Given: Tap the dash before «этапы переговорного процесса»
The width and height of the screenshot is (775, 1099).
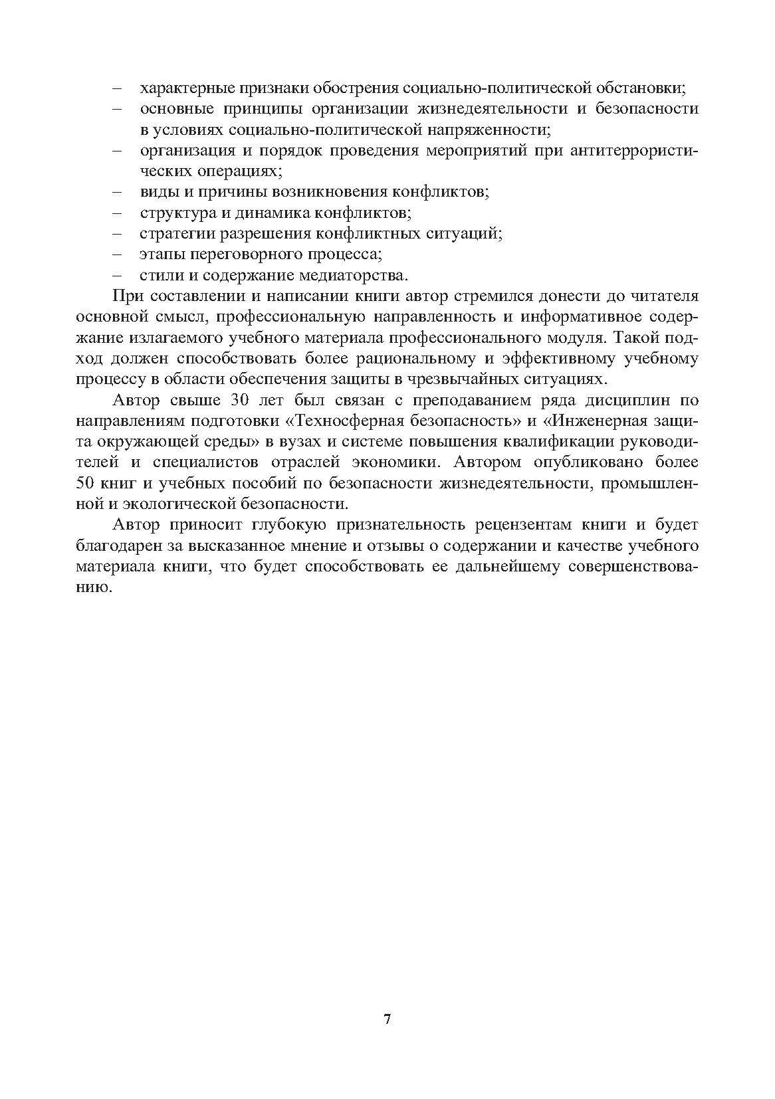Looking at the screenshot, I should [118, 254].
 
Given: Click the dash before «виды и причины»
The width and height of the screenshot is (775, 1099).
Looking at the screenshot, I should [118, 192].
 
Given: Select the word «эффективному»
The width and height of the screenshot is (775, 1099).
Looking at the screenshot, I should [564, 359].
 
